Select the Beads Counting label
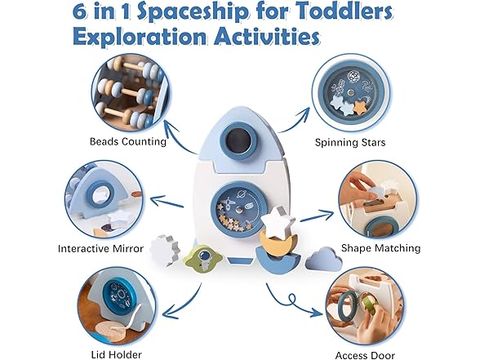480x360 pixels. pos(128,141)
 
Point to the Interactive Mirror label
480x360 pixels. pos(101,248)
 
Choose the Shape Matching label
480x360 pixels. pos(380,247)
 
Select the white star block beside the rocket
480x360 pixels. pos(281,220)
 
